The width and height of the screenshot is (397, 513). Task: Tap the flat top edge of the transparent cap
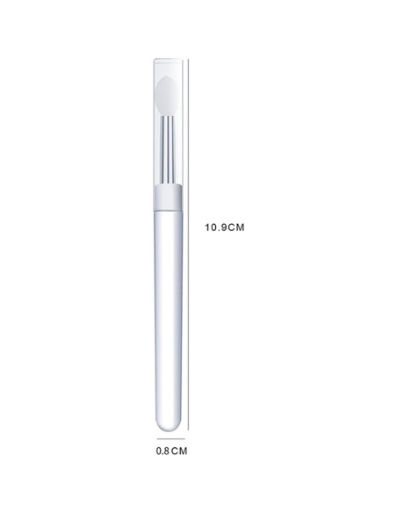(170, 60)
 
